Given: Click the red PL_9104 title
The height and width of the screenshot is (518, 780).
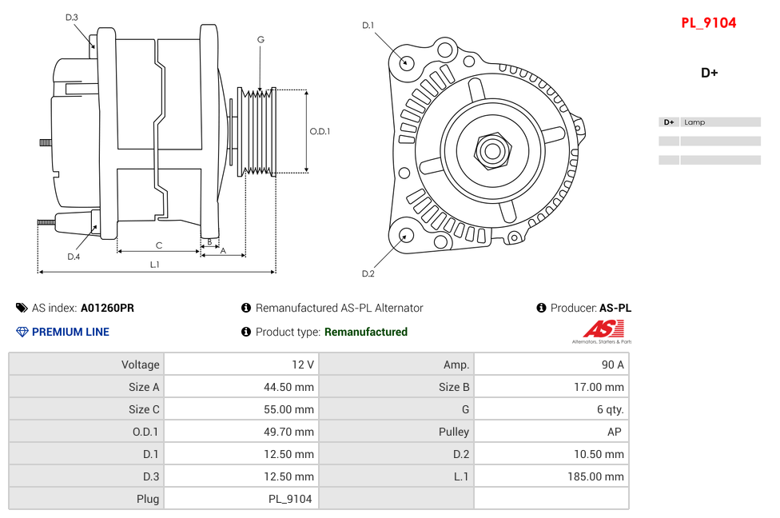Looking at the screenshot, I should [708, 23].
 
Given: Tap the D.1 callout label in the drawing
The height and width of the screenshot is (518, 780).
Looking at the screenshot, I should [368, 26].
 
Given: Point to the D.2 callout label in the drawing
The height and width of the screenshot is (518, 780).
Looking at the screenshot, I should [368, 273].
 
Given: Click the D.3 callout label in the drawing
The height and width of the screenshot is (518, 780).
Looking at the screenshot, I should [72, 18].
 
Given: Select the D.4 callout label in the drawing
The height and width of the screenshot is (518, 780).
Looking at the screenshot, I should [74, 257].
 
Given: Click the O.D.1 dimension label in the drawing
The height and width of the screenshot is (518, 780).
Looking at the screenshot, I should [320, 131].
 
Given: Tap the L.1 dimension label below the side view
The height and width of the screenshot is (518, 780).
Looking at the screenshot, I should [155, 264].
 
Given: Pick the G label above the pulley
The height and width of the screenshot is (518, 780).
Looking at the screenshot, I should [261, 39].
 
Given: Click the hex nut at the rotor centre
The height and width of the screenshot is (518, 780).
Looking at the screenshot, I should [492, 149].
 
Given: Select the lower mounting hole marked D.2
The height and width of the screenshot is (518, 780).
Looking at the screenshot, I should [406, 235].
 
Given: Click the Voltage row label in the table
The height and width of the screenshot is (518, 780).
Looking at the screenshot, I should [140, 365].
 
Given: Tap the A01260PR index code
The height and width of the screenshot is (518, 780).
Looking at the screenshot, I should [107, 308].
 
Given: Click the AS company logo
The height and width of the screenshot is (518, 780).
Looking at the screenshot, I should [601, 330].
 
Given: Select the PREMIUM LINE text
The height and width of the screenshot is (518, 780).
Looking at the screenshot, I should [70, 332].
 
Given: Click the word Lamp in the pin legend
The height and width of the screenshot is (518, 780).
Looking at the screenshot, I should [694, 122].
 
